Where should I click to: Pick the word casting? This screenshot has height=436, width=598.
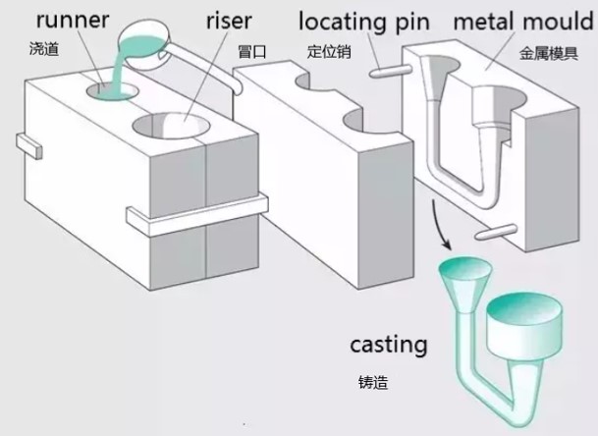(x=389, y=345)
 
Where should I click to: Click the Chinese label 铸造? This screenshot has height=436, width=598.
(x=373, y=382)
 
